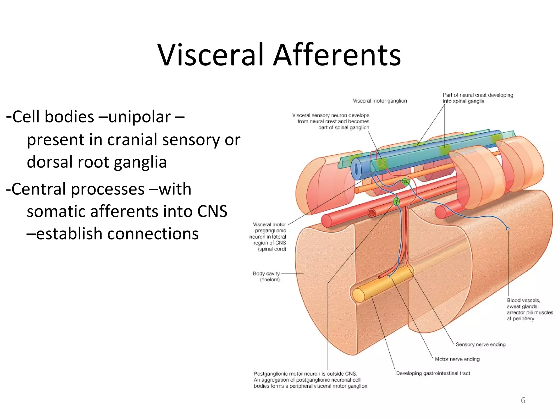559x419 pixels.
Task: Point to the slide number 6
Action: pos(523,400)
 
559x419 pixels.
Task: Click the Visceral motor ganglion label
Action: pos(380,101)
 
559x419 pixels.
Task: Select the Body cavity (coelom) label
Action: pos(266,276)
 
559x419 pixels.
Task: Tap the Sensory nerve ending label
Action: pos(480,345)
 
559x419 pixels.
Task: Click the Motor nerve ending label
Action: pos(457,359)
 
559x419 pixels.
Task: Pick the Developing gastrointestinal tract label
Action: pos(433,373)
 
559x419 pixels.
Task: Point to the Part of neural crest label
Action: pos(478,98)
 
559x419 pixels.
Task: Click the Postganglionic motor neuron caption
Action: pos(310,380)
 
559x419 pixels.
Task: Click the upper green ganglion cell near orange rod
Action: pos(406,182)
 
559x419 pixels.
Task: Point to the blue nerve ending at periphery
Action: pos(507,228)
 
